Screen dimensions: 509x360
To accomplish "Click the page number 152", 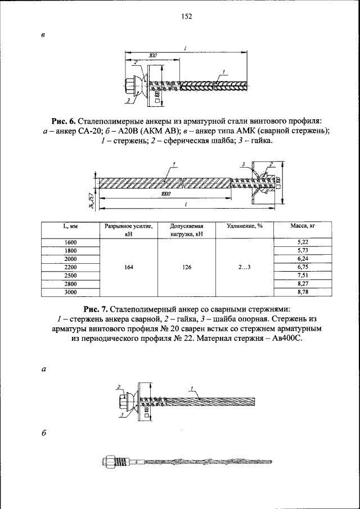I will pyautogui.click(x=187, y=17).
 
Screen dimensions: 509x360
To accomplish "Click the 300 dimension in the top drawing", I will pyautogui.click(x=152, y=56).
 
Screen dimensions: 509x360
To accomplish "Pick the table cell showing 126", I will pyautogui.click(x=187, y=267).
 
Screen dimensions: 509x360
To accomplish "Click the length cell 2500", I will pyautogui.click(x=70, y=276).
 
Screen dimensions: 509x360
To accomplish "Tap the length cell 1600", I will pyautogui.click(x=70, y=242).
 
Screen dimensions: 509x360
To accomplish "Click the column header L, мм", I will pyautogui.click(x=70, y=227).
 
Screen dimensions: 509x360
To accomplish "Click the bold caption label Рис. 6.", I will pyautogui.click(x=64, y=121).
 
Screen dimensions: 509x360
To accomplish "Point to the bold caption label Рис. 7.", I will pyautogui.click(x=96, y=309).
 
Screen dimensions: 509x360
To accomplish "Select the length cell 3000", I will pyautogui.click(x=70, y=292).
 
